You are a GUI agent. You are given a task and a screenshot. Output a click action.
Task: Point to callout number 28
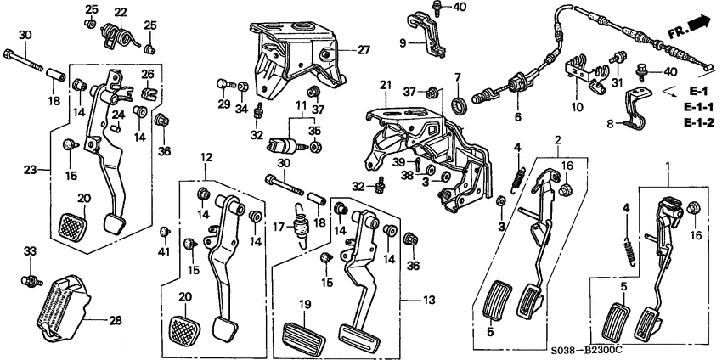coord(113,320)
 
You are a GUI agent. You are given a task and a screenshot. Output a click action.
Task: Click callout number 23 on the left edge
coord(31,170)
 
